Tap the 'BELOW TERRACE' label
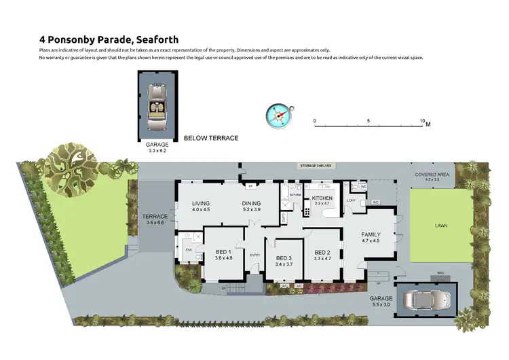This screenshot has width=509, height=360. pos(211,138)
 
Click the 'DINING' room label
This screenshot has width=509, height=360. pos(252,203)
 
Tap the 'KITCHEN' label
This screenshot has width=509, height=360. pos(322,198)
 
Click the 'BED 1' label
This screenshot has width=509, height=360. pos(224,252)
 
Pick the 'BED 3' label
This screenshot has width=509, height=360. pos(284,258)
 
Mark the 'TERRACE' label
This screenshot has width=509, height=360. pos(155,217)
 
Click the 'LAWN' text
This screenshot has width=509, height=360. pos(442,226)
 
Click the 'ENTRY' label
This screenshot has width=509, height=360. pos(255,255)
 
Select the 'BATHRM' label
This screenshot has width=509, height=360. pos(295,195)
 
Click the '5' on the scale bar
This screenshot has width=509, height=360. pos(369,121)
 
